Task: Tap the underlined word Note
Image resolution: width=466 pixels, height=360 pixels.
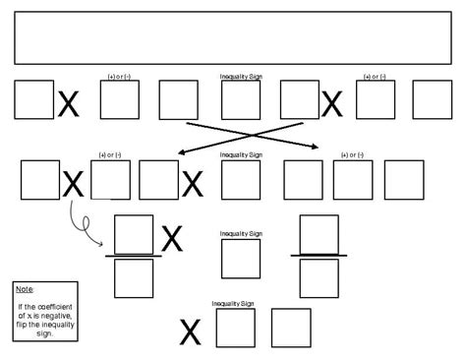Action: coord(25,289)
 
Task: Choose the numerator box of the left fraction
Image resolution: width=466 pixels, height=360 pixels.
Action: coord(134,235)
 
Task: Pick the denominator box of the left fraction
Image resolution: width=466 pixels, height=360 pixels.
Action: coord(134,278)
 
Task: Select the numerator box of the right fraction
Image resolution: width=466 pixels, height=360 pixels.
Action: coord(319,234)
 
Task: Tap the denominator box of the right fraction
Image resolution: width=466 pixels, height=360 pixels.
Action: coord(319,278)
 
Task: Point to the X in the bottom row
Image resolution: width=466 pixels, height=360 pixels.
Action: coord(190,333)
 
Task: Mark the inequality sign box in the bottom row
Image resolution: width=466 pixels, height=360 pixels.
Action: coord(235,329)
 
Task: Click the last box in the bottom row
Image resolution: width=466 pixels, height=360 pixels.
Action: coord(290,329)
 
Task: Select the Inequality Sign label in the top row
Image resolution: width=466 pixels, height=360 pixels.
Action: coord(240,76)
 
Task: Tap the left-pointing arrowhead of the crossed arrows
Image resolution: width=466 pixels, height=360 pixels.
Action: coord(182,152)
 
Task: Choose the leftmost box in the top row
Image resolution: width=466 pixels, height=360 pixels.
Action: coord(33,99)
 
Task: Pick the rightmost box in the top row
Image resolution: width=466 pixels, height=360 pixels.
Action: coord(432,99)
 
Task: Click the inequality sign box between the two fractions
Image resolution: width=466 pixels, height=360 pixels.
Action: coord(240,259)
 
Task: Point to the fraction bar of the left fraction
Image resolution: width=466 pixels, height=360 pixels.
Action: coord(134,257)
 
